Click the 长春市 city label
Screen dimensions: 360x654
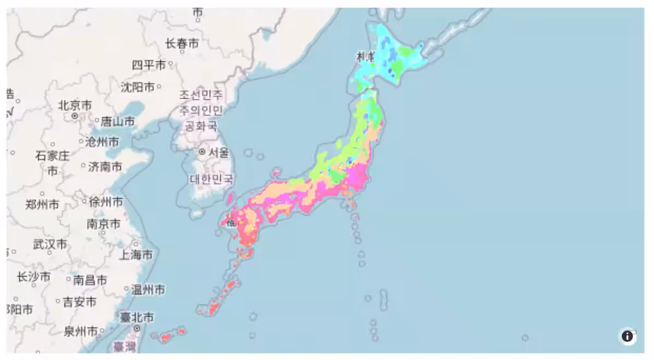point(182,44)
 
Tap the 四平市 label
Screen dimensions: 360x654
point(149,65)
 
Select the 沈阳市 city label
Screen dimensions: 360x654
point(137,86)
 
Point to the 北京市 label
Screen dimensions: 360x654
point(75,105)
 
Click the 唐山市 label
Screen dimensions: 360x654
point(118,121)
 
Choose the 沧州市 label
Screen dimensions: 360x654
point(102,142)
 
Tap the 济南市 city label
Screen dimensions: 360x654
point(105,167)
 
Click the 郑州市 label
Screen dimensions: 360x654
point(42,205)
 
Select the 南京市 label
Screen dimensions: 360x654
point(103,224)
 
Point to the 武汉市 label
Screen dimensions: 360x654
point(50,243)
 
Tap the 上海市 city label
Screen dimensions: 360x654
point(136,254)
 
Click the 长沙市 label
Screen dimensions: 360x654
point(33,277)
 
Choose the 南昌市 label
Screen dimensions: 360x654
point(90,280)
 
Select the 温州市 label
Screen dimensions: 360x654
point(148,289)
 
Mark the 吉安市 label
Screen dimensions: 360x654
point(79,301)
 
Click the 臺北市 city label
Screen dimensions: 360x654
point(137,317)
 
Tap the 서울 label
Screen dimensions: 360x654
point(218,153)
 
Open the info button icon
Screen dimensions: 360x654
point(627,336)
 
